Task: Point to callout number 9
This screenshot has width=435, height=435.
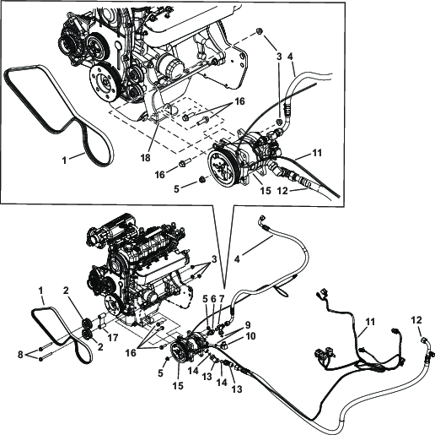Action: [x=249, y=324]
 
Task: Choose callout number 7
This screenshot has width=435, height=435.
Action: [x=221, y=299]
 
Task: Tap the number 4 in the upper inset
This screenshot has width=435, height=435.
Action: [x=290, y=60]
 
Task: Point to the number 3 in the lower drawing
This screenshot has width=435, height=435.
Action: [x=216, y=258]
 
